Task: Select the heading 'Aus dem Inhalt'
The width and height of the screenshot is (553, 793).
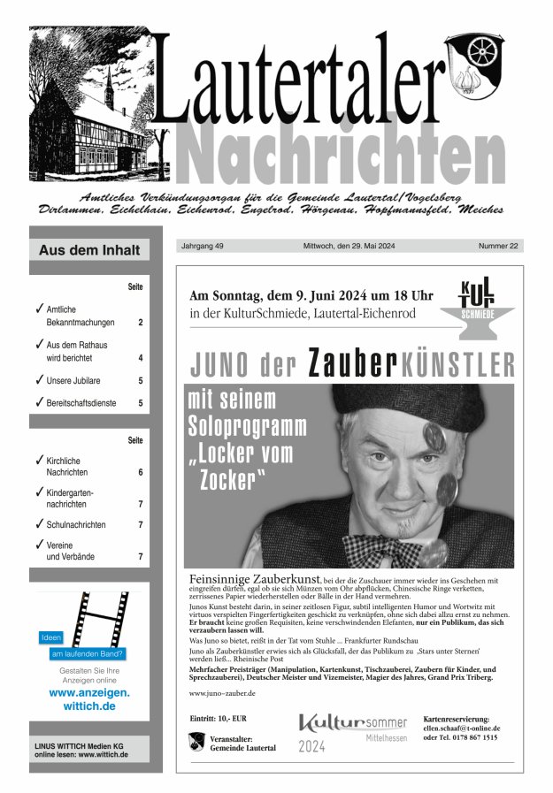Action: coord(89,250)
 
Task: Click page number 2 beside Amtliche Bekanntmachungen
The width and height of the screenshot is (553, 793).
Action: coord(140,323)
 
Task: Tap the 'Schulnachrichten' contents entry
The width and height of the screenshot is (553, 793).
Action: coord(76,524)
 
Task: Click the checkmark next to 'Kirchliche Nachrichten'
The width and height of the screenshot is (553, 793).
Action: coord(39,461)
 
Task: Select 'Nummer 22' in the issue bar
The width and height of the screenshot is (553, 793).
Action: coord(498,246)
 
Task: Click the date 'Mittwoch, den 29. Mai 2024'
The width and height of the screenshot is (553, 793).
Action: coord(351,246)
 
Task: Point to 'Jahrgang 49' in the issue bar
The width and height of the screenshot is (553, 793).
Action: coord(202,246)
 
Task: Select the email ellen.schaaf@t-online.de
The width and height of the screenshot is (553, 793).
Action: coord(462,728)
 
